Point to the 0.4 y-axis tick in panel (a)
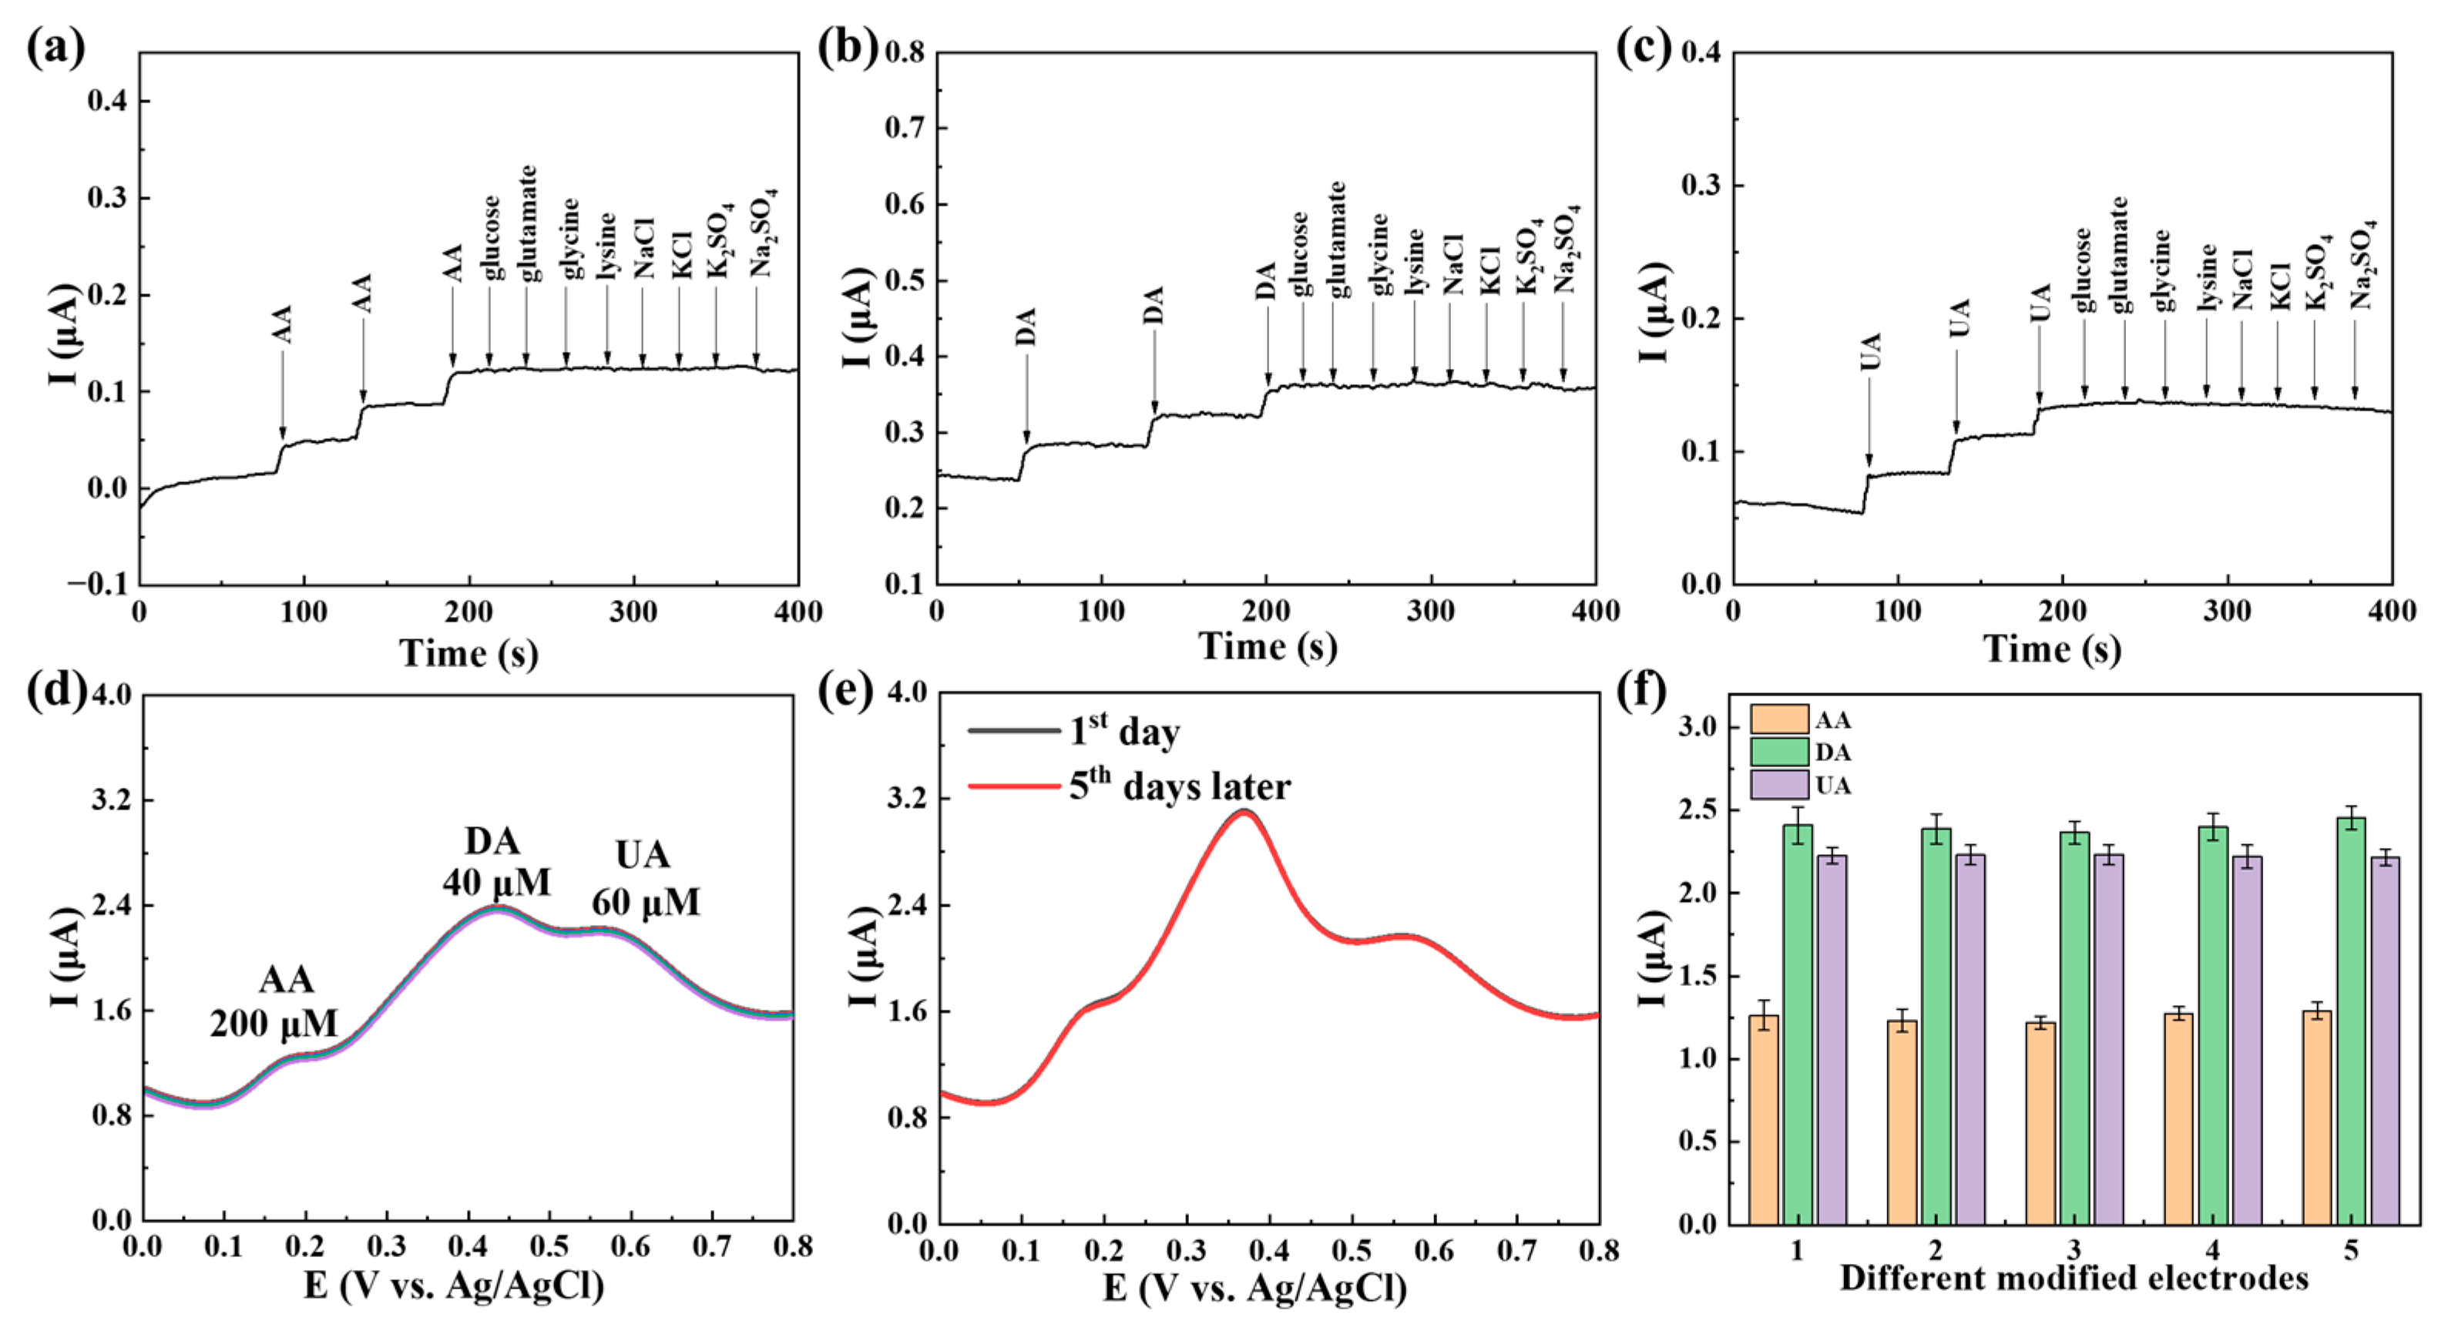tap(106, 101)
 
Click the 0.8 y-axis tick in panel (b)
tap(905, 52)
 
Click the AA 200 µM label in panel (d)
tap(274, 1001)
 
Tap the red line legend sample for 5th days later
tap(1013, 786)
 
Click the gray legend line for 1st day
tap(1013, 730)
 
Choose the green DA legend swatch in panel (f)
tap(1778, 753)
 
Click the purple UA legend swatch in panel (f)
tap(1778, 785)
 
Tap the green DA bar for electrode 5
tap(2351, 1021)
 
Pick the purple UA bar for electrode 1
tap(1832, 1039)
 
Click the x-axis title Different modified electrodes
tap(2074, 1278)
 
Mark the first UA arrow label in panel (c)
tap(1869, 351)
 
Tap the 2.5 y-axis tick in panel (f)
tap(1701, 811)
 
